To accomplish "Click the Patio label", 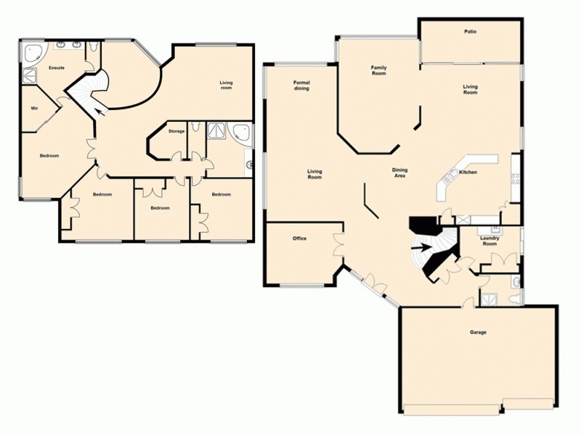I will [x=470, y=32].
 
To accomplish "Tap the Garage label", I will [x=478, y=332].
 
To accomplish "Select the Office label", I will [x=299, y=239].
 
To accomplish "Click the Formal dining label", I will [x=301, y=85].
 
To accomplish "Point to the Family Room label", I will [x=378, y=70].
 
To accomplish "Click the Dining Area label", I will [x=399, y=173].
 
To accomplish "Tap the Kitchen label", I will [x=468, y=172].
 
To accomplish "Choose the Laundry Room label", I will [x=490, y=241].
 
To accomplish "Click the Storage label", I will [x=176, y=131].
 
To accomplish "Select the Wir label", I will [x=34, y=108].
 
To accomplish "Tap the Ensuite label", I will [x=57, y=67].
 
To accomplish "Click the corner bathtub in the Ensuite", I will [x=33, y=52].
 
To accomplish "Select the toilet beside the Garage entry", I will [x=514, y=298].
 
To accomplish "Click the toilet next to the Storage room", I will [x=196, y=128].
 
